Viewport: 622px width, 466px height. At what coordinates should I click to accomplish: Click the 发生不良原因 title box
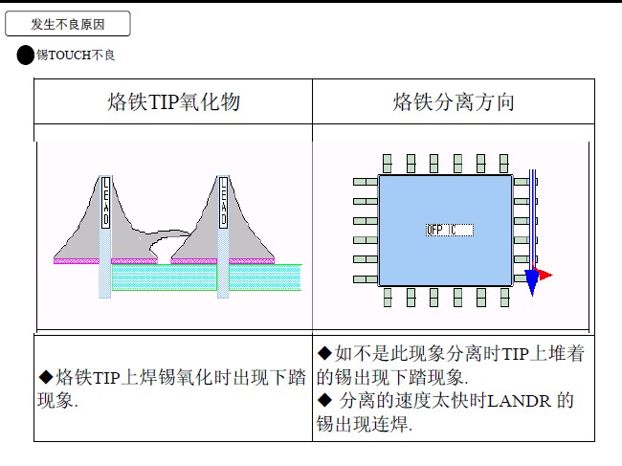click(x=67, y=24)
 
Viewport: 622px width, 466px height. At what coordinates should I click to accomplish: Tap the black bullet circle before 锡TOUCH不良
click(x=26, y=55)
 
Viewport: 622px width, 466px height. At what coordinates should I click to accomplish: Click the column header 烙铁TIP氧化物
click(x=172, y=102)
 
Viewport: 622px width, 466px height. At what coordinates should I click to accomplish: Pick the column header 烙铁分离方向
click(x=454, y=102)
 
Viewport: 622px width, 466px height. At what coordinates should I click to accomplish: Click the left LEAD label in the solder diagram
click(x=106, y=202)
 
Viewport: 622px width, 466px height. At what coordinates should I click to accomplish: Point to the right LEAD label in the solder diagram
click(x=223, y=202)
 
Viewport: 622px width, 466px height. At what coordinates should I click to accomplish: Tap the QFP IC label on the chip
click(x=447, y=230)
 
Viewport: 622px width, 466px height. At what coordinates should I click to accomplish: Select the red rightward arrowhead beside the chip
click(x=545, y=275)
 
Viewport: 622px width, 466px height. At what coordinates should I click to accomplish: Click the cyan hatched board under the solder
click(x=206, y=277)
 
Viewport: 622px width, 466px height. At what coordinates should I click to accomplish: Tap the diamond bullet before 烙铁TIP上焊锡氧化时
click(x=46, y=376)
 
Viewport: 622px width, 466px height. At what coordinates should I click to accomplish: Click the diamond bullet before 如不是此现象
click(x=324, y=354)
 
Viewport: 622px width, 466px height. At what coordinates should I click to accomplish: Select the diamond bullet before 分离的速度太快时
click(x=324, y=400)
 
